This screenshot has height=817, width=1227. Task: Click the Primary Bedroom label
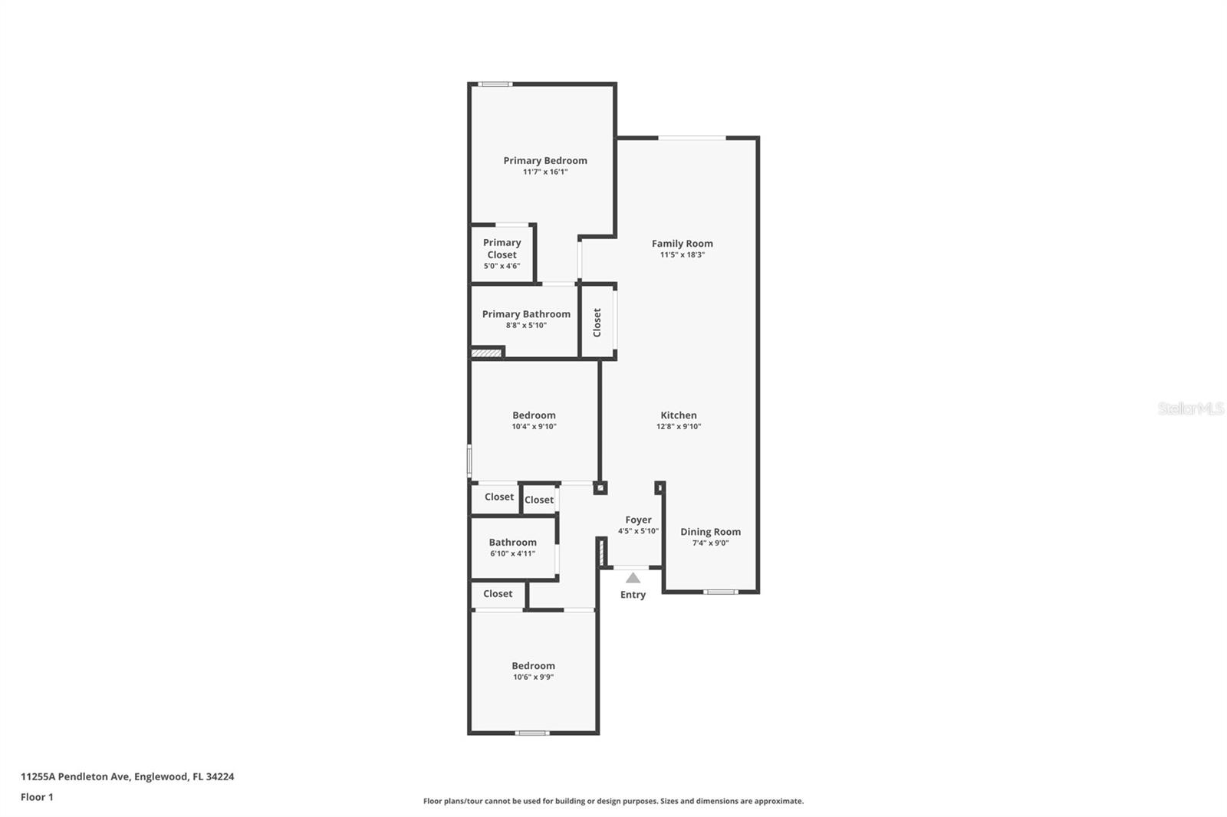pyautogui.click(x=544, y=160)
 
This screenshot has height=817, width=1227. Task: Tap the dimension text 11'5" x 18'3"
pyautogui.click(x=682, y=255)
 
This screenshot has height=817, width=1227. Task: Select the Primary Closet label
pyautogui.click(x=502, y=248)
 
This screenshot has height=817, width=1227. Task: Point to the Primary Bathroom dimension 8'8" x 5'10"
pyautogui.click(x=526, y=326)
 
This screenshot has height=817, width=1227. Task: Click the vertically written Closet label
pyautogui.click(x=597, y=323)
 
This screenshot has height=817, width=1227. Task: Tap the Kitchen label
pyautogui.click(x=679, y=415)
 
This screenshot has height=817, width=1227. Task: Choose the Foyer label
pyautogui.click(x=638, y=520)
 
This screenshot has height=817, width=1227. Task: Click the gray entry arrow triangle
pyautogui.click(x=633, y=578)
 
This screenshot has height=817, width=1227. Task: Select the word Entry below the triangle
pyautogui.click(x=633, y=595)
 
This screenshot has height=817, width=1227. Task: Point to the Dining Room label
pyautogui.click(x=710, y=532)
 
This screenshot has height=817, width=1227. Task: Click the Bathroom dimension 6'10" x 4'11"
pyautogui.click(x=512, y=553)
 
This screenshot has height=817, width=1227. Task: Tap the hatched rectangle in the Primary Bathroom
pyautogui.click(x=485, y=353)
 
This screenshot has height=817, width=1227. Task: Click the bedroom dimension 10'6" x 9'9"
pyautogui.click(x=533, y=678)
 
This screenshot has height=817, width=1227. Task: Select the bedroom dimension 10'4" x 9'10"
pyautogui.click(x=534, y=427)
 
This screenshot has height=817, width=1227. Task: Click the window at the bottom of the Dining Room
pyautogui.click(x=721, y=592)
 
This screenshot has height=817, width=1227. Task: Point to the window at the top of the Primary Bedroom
pyautogui.click(x=495, y=84)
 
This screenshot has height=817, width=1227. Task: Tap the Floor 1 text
pyautogui.click(x=37, y=797)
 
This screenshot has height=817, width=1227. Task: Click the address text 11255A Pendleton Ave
pyautogui.click(x=75, y=776)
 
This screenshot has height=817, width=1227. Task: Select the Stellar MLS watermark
pyautogui.click(x=1190, y=408)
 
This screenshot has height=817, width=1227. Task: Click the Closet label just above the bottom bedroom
pyautogui.click(x=498, y=594)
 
